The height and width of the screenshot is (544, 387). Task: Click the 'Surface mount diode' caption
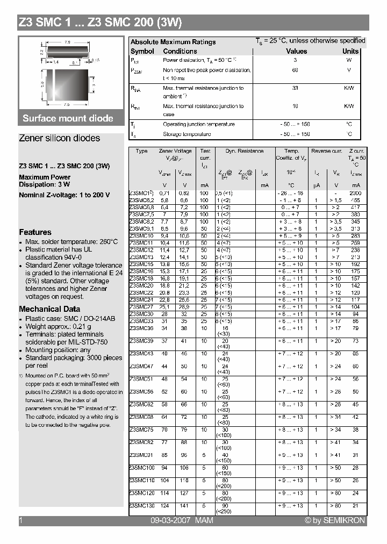(x=68, y=118)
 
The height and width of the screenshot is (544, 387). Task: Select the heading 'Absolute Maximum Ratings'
(x=173, y=42)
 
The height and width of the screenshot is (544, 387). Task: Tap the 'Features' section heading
(x=35, y=232)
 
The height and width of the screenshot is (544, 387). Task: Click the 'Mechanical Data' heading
(x=49, y=309)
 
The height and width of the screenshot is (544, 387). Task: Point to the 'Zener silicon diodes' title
(x=59, y=138)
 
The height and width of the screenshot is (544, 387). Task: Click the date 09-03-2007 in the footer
(x=170, y=520)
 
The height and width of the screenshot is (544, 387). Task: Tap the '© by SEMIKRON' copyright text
(x=334, y=520)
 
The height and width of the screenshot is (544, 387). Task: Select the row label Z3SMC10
(x=141, y=235)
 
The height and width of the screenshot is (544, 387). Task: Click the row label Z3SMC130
(x=142, y=505)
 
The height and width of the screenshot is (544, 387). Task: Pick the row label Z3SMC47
(x=141, y=366)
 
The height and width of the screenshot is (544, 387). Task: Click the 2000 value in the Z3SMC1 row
(x=356, y=193)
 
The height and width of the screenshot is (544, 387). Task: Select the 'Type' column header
(x=141, y=152)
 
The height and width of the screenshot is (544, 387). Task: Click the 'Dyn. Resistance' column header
(x=245, y=152)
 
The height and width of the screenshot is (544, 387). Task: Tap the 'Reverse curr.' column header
(x=327, y=152)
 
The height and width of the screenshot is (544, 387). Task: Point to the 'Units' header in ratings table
(x=350, y=52)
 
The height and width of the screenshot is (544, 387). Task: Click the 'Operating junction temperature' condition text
(x=198, y=124)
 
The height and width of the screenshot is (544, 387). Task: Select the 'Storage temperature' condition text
(x=187, y=134)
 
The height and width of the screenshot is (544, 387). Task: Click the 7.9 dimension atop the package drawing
(x=68, y=42)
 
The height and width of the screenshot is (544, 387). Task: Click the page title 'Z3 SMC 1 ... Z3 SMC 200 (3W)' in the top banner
(x=101, y=23)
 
